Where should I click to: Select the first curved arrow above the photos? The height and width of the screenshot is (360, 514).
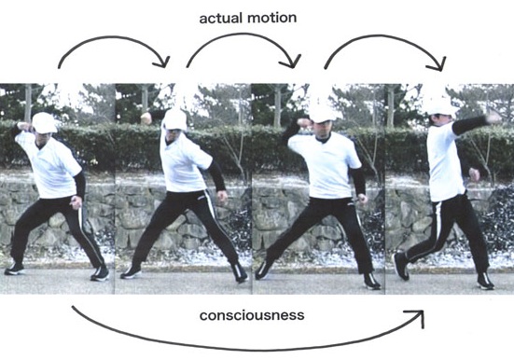point(112,42)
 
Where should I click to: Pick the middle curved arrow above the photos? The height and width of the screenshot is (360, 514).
point(243,42)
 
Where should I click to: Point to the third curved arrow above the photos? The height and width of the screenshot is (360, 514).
point(384,42)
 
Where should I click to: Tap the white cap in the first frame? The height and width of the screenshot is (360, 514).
point(44,122)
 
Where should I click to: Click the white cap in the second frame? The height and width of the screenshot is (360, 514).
point(174,118)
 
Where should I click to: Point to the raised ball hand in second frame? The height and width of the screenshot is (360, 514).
point(146,118)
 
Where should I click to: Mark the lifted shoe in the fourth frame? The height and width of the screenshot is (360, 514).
point(401,265)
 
